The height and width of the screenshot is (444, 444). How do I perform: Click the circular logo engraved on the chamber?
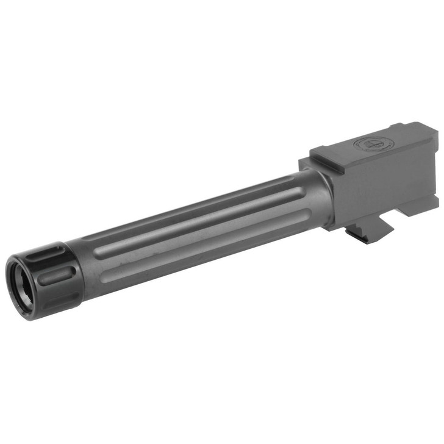tap(366, 145)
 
